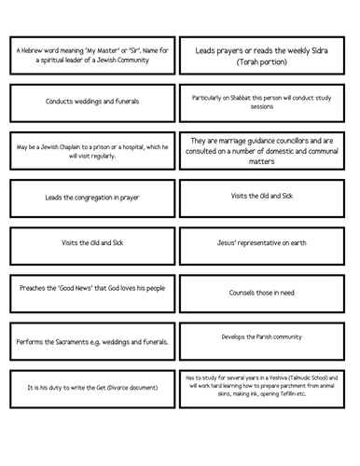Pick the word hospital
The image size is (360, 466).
[x=140, y=144]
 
